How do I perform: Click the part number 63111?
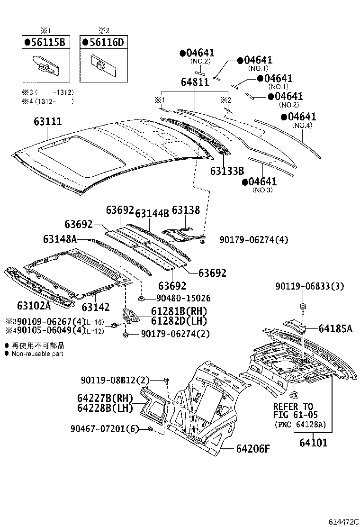(x=47, y=122)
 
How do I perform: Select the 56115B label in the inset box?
(x=47, y=43)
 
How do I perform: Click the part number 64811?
(x=194, y=82)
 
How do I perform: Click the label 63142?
(x=97, y=308)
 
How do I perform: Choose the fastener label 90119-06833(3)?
(x=309, y=286)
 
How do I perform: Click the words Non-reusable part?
(x=37, y=354)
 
